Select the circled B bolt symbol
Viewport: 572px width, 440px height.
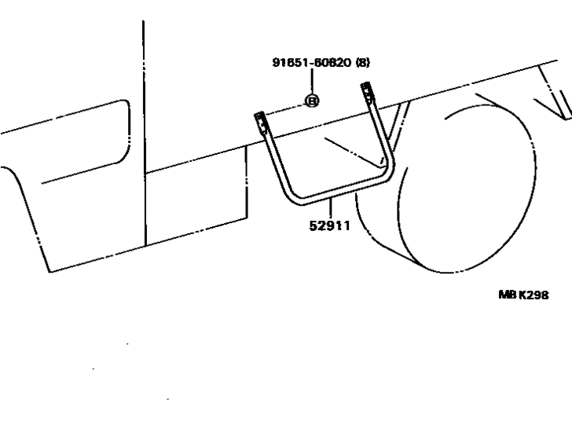[x=312, y=101]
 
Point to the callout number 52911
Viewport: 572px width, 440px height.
[x=329, y=226]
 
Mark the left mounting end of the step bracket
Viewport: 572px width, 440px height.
[x=260, y=123]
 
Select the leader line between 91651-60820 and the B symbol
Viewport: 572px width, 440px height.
[x=312, y=82]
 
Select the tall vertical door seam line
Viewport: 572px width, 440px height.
[x=144, y=134]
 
